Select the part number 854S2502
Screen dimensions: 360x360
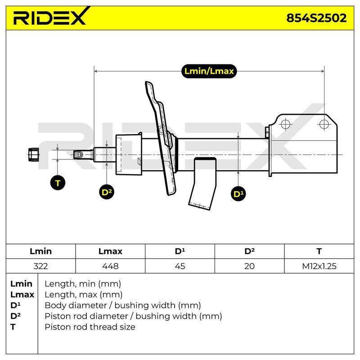[x=316, y=18]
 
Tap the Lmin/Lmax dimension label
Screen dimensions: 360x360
[x=209, y=71]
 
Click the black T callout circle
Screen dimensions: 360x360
[x=58, y=183]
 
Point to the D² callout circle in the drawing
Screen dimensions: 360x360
[x=107, y=192]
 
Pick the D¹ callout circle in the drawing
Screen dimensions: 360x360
[x=238, y=194]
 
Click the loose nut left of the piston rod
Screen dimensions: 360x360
[x=33, y=154]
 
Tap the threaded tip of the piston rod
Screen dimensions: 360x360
[x=78, y=154]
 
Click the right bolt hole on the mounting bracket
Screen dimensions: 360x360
[x=324, y=124]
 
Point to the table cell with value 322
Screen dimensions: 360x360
[x=40, y=266]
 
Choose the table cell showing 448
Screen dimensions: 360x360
[x=110, y=266]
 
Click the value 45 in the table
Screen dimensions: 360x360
[x=180, y=266]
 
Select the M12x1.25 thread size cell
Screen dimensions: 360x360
[x=319, y=266]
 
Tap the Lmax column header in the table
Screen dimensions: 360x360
[x=110, y=251]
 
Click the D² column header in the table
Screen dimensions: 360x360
[x=250, y=251]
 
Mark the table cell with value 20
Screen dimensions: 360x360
[x=250, y=266]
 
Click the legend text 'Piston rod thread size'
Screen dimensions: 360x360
[x=90, y=327]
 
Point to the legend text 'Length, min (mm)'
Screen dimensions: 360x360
[x=83, y=284]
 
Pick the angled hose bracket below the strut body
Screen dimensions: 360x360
[x=202, y=184]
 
